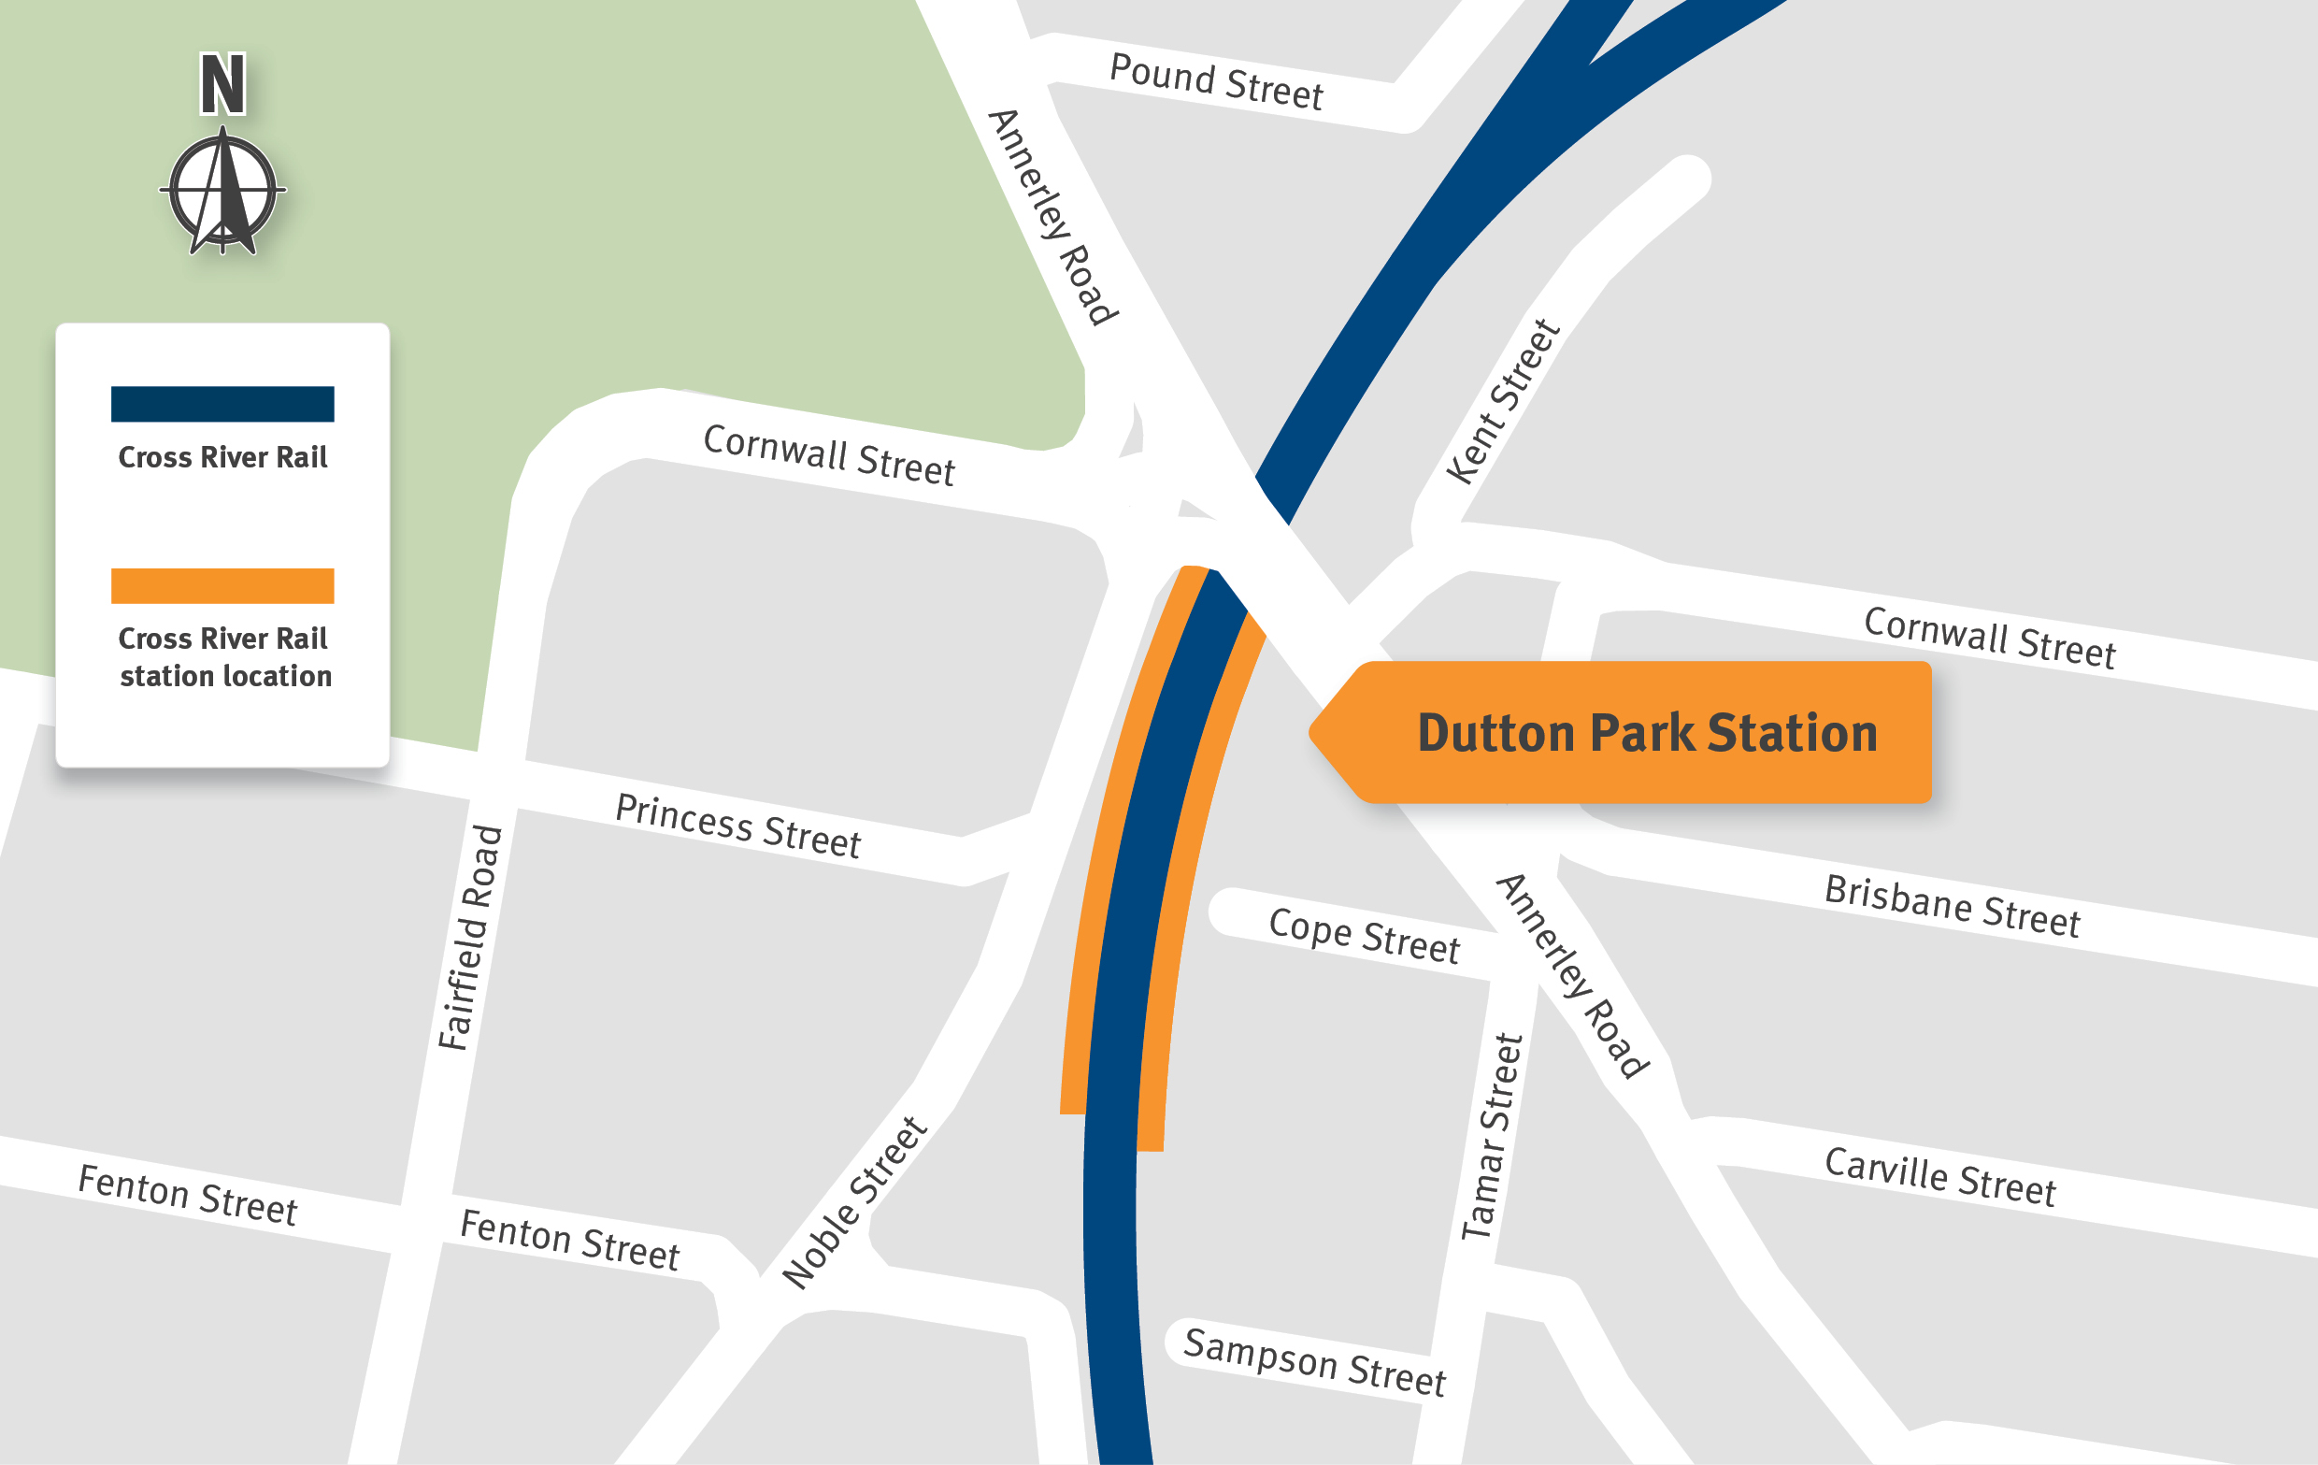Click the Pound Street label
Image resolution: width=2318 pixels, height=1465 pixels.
(1216, 83)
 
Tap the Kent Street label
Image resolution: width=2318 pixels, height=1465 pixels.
(1503, 401)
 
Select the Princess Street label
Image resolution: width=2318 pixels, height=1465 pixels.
(737, 826)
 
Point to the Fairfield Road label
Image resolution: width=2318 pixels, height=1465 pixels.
(470, 938)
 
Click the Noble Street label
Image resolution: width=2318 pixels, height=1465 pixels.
(854, 1202)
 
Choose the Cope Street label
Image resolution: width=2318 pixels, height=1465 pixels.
(1364, 936)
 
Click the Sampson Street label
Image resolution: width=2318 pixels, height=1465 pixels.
(1314, 1362)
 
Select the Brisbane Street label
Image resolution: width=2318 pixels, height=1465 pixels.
(1953, 906)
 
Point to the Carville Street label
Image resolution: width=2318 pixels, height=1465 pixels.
(1939, 1176)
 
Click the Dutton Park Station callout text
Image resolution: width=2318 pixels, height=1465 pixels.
(1647, 734)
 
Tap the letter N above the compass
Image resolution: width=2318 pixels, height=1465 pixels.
(222, 85)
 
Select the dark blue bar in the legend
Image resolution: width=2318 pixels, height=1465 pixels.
(222, 404)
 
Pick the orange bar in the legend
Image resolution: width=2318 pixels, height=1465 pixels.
(222, 586)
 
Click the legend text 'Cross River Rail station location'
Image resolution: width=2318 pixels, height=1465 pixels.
(224, 657)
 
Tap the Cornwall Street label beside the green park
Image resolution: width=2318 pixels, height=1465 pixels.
(829, 455)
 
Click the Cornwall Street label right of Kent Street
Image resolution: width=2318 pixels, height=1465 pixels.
(1989, 638)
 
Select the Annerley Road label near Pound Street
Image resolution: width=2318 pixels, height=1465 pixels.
(1052, 218)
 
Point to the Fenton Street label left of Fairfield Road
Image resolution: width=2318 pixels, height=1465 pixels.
(188, 1196)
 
